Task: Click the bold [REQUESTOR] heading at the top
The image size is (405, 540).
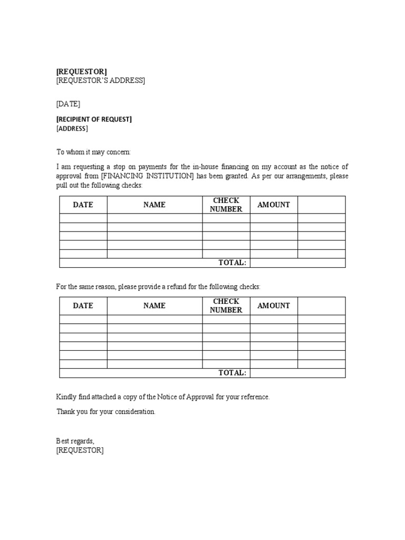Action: click(81, 71)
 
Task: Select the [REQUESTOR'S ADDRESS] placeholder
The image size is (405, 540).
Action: click(101, 81)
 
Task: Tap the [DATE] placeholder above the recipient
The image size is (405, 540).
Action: click(68, 104)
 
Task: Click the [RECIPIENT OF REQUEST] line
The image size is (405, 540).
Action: click(94, 119)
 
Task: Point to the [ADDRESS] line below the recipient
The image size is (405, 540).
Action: click(72, 129)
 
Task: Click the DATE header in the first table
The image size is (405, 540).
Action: click(83, 205)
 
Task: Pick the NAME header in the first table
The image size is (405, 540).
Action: click(155, 205)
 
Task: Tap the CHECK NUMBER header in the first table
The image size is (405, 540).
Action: click(226, 205)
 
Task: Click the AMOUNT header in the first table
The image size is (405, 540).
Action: click(274, 205)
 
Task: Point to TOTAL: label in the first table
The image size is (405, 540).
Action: click(233, 263)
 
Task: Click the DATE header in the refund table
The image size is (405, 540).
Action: click(83, 305)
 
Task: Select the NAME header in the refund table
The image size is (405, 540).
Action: click(155, 305)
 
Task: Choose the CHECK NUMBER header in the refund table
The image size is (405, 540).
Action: click(226, 305)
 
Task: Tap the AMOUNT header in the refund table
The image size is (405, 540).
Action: click(274, 305)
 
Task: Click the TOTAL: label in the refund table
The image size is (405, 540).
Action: click(233, 373)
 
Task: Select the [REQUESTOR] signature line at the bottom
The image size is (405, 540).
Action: click(80, 450)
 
